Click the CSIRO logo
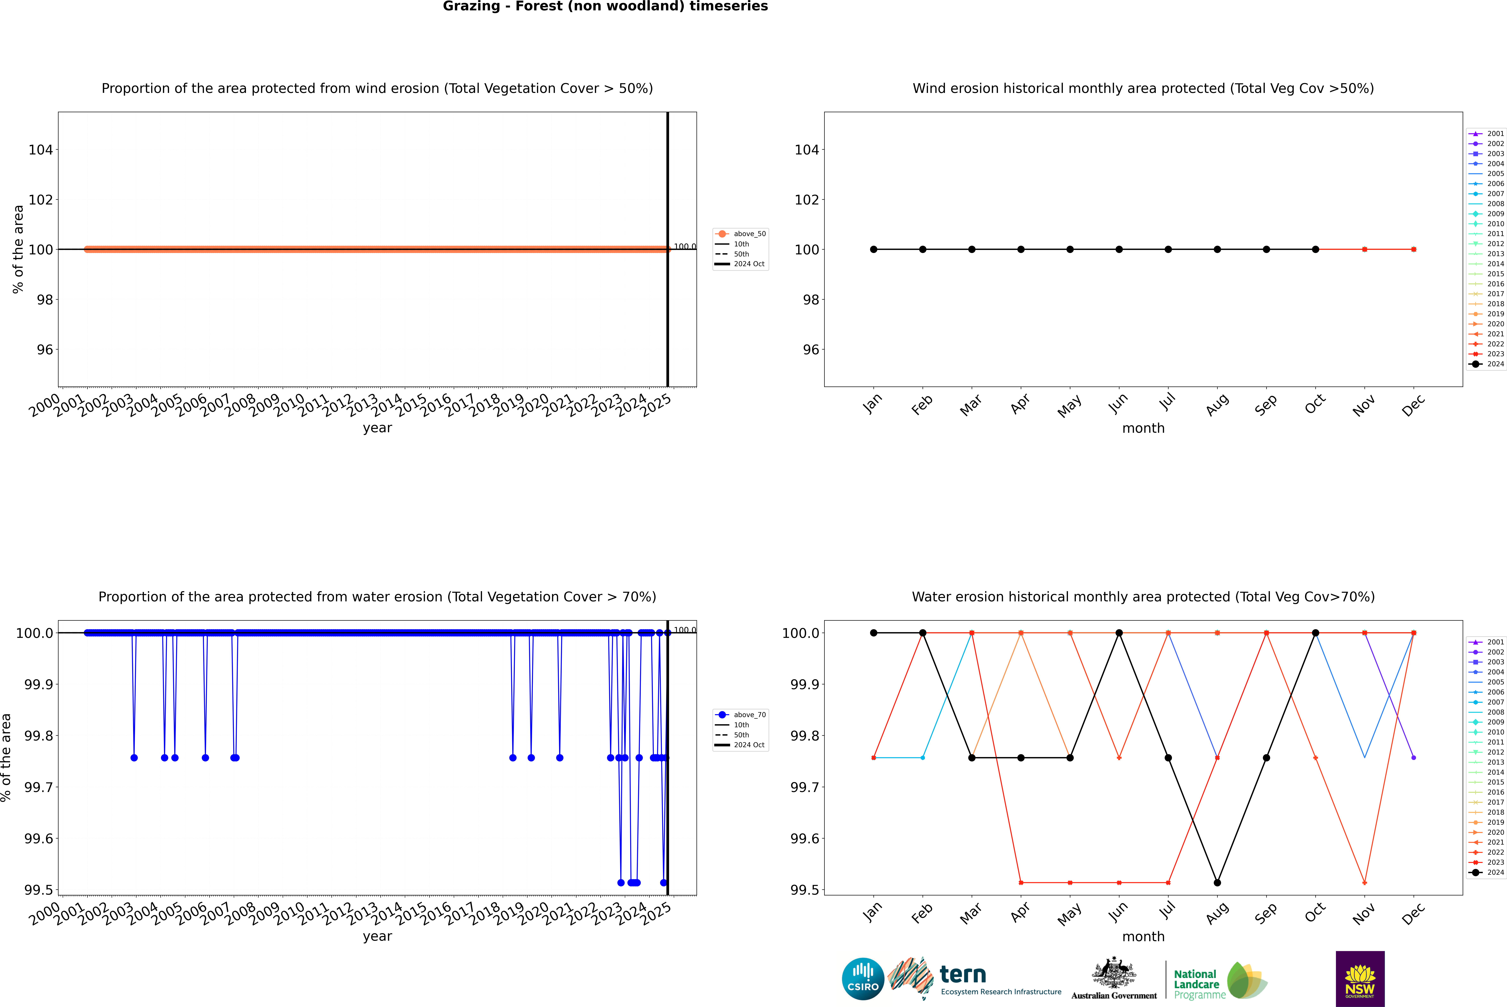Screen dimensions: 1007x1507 tap(863, 979)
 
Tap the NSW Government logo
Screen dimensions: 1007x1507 tap(1360, 979)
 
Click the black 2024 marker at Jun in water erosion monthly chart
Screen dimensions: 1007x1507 tap(1119, 633)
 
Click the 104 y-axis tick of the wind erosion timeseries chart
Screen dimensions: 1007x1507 tap(40, 150)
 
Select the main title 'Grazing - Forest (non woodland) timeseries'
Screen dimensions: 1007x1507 tap(605, 6)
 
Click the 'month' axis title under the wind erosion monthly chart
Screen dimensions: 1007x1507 tap(1143, 428)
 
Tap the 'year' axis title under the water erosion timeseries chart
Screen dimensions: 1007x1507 tap(377, 936)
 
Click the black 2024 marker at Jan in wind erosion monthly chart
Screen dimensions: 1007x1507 tap(874, 249)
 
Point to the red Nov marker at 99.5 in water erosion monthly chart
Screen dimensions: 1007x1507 tap(1364, 882)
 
